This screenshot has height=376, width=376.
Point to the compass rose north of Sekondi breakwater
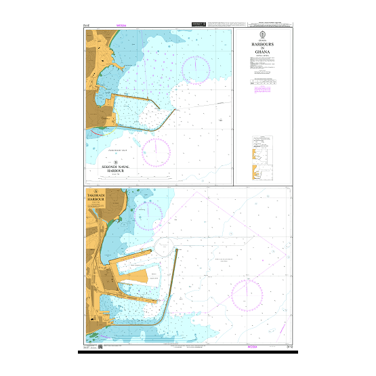[196, 65]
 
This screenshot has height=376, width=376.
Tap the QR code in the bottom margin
[100, 348]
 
